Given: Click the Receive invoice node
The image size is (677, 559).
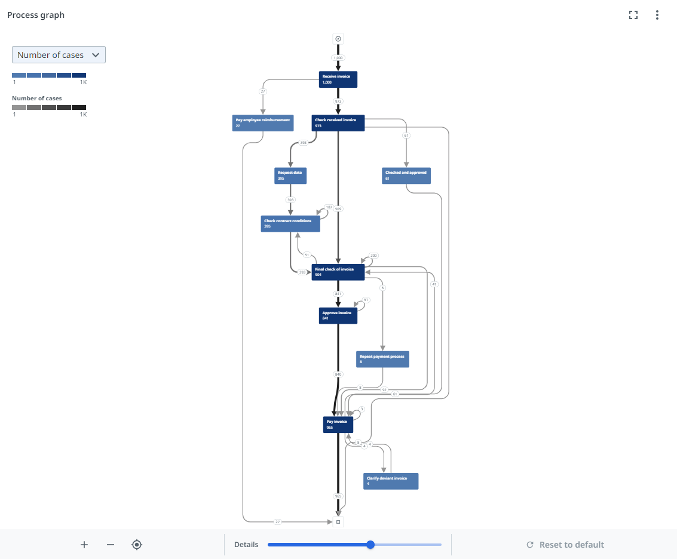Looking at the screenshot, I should click(338, 79).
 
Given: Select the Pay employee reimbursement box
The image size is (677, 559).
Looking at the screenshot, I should click(263, 123).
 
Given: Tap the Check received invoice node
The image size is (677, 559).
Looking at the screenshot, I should click(338, 123).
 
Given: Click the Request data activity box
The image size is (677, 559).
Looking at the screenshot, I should click(290, 176).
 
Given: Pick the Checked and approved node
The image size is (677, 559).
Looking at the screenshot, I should click(406, 176).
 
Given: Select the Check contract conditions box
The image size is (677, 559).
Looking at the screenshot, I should click(290, 224).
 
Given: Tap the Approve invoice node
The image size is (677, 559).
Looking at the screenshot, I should click(338, 316).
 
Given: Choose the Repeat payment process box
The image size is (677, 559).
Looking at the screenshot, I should click(382, 360).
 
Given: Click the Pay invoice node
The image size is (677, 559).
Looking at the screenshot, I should click(338, 425).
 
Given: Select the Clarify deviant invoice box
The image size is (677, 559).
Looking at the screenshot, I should click(391, 481).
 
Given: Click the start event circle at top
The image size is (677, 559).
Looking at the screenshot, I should click(338, 39).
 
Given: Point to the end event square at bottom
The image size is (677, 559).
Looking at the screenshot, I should click(338, 522).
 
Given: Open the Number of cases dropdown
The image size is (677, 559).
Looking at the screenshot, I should click(59, 55).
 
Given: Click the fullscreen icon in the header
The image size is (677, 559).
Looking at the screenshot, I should click(633, 16).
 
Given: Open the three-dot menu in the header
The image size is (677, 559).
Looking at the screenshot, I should click(657, 16).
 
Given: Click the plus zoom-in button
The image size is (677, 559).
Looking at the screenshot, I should click(84, 545).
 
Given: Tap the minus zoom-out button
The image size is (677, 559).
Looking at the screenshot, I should click(110, 545).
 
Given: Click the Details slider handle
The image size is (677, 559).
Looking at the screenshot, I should click(370, 545).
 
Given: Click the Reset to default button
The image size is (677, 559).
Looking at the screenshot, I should click(565, 545).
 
